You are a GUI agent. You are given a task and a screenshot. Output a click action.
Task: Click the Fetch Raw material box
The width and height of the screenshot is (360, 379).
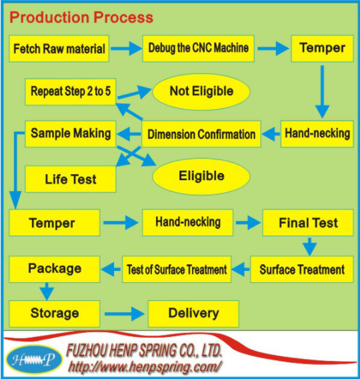point(59,48)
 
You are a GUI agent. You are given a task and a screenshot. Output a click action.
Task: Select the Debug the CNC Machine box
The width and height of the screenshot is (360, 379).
point(198,48)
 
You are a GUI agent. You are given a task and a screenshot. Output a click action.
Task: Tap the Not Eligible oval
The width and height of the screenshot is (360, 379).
point(201,91)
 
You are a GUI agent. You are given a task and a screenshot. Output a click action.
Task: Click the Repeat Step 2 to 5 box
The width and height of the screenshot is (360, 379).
point(71,92)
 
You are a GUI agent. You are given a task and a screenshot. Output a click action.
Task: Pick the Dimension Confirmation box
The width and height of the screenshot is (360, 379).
point(201,134)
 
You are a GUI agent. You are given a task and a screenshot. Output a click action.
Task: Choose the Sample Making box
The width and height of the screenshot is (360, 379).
point(71,134)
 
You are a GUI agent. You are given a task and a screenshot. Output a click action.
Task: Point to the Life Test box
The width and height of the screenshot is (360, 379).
point(71,179)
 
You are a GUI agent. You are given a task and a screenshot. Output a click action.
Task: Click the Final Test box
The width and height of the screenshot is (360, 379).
point(308,223)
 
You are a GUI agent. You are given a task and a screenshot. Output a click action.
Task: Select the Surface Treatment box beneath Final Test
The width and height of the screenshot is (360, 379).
point(302,270)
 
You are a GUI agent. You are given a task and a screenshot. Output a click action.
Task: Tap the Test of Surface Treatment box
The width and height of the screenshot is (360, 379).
point(177,270)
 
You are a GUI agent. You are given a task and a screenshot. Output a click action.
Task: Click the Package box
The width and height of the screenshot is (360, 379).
point(55,270)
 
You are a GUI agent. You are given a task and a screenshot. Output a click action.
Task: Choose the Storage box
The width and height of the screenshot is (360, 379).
point(55,314)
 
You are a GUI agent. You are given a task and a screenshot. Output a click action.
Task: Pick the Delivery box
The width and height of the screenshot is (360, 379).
point(193,314)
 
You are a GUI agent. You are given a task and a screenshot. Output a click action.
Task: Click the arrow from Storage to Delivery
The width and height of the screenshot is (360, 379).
point(125,314)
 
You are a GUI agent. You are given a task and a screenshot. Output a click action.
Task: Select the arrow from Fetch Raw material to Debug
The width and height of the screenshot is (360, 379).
point(127,49)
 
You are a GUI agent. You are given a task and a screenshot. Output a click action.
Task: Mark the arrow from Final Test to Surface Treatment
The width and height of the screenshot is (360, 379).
point(310,246)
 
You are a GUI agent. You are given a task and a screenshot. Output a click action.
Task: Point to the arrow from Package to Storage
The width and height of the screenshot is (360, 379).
point(47,292)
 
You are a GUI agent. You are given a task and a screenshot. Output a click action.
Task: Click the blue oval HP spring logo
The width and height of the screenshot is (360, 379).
point(34,360)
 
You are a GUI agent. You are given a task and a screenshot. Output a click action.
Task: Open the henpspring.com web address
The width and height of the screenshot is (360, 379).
point(144,367)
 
